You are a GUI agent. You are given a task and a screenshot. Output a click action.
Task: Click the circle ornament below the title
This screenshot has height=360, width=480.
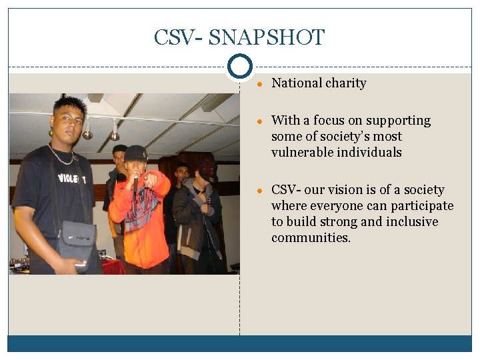tap(239, 67)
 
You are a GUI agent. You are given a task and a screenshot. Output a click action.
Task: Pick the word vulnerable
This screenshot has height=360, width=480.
tap(303, 153)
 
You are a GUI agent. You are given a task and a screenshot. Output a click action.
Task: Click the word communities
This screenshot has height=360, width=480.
tap(311, 238)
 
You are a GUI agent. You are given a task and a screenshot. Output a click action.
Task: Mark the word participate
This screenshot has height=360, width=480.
tap(421, 206)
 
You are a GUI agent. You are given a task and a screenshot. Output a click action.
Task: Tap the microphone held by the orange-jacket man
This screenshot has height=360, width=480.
tap(135, 181)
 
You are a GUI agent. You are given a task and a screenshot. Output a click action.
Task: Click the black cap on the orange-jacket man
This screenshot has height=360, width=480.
tap(135, 153)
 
